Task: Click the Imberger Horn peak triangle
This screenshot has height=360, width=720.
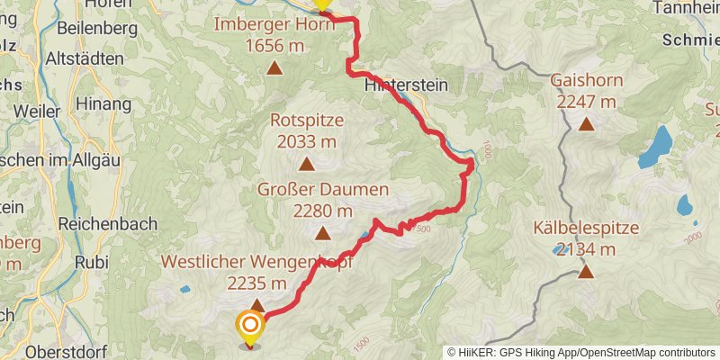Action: [274, 67]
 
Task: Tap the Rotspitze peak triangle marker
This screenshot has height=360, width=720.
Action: [307, 164]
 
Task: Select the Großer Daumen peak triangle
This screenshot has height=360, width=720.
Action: [322, 234]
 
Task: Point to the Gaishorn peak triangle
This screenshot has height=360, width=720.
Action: [586, 124]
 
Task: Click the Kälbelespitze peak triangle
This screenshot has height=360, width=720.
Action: [586, 270]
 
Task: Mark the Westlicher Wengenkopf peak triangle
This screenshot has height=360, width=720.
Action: [257, 305]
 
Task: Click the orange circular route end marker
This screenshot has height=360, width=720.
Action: [249, 326]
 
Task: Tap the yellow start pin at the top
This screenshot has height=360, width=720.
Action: [321, 4]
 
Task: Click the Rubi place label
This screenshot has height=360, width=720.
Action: [94, 263]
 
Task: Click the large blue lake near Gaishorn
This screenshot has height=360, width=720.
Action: [656, 147]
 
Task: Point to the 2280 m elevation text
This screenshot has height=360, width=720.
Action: [322, 211]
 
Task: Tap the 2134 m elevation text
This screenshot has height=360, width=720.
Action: [586, 248]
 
